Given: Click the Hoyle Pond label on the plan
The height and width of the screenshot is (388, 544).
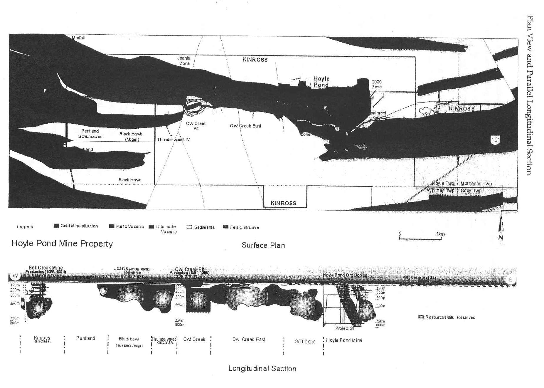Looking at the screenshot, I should tap(321, 82).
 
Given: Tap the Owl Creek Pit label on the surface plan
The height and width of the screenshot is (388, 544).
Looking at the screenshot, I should tap(196, 126).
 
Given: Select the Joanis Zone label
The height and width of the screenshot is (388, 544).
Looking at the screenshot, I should tap(184, 61).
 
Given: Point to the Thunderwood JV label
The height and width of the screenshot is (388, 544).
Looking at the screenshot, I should tap(173, 140).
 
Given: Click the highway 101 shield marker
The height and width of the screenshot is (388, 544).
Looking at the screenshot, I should tap(495, 140).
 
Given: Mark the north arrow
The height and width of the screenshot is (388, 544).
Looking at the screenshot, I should tap(501, 229).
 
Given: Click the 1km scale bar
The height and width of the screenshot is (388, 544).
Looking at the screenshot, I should tap(420, 238).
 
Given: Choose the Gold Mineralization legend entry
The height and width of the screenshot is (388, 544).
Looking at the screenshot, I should tap(76, 226).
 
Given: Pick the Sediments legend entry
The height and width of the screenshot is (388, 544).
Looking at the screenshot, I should tap(201, 227).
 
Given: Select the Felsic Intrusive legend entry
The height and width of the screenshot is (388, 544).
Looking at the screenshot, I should tap(241, 227).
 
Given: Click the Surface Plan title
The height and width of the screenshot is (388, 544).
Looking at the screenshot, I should tap(263, 245).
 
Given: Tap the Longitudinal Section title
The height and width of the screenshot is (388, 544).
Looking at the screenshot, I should tap(262, 369).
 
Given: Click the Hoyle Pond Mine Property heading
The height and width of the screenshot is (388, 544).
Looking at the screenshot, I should tap(62, 243).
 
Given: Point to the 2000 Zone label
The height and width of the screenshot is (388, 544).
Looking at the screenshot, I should tap(377, 84).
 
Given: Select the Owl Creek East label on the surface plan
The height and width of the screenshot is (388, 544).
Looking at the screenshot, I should tap(245, 126).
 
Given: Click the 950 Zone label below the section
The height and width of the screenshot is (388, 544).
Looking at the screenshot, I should tap(305, 342).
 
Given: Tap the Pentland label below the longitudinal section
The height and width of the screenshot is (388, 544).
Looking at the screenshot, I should tap(85, 338).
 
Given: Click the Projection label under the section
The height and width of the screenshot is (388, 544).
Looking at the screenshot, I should tap(345, 328).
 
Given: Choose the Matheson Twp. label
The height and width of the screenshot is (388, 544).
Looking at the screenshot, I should tap(476, 184).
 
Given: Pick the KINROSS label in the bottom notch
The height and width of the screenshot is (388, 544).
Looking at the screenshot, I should tap(283, 203).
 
